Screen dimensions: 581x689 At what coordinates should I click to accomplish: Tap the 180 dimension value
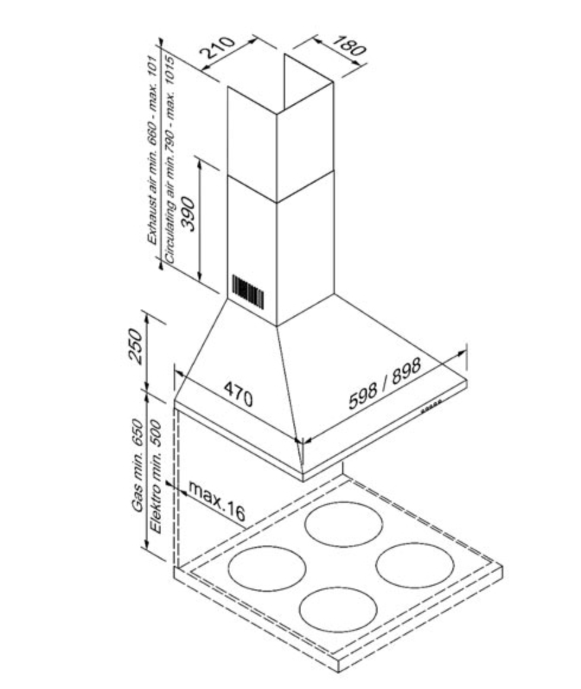tap(349, 45)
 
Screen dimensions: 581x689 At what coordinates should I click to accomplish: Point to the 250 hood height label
tap(136, 346)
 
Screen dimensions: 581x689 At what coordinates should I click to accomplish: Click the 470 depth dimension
tap(238, 394)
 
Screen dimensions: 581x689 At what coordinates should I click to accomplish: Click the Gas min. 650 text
tap(138, 465)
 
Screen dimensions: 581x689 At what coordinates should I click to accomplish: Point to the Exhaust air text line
tap(152, 149)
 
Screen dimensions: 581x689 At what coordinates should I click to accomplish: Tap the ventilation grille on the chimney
tap(248, 291)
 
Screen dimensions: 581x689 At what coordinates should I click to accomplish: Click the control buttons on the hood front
tap(431, 406)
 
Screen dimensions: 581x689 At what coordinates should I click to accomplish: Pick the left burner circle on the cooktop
tap(267, 569)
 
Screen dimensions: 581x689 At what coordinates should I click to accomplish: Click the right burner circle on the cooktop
tap(415, 565)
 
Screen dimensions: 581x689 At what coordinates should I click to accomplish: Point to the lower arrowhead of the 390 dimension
tap(200, 276)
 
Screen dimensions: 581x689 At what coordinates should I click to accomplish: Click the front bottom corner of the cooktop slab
tap(339, 672)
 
